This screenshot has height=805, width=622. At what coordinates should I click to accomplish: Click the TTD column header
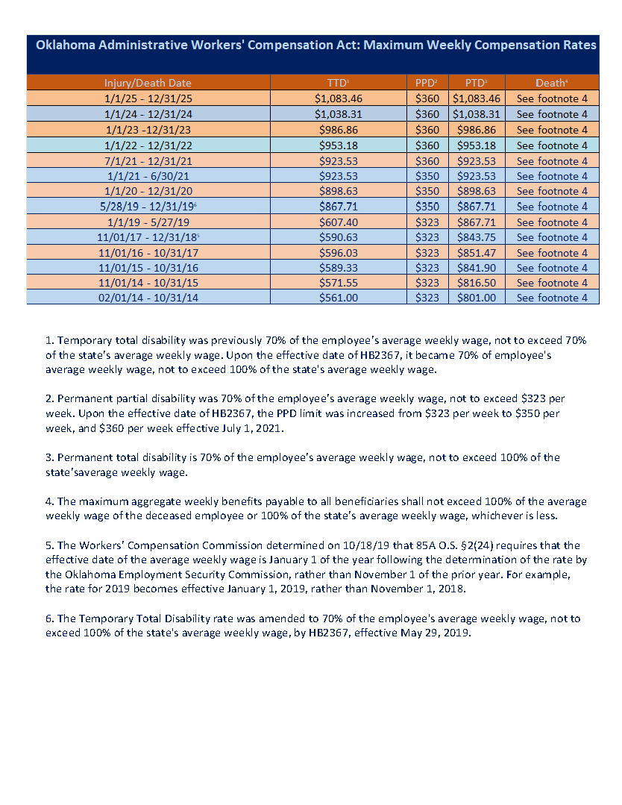(338, 82)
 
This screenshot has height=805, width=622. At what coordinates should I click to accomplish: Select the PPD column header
(427, 82)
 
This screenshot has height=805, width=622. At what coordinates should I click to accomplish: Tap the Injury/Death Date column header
(148, 82)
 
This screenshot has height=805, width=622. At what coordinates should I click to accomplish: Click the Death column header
(551, 82)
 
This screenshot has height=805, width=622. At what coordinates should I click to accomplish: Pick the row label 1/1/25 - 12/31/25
(148, 98)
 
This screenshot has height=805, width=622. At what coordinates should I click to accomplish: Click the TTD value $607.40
(338, 222)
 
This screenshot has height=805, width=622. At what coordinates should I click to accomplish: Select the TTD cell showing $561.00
(338, 298)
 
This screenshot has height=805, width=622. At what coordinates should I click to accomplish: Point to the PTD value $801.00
(477, 298)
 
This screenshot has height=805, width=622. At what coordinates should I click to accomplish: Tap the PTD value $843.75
(477, 237)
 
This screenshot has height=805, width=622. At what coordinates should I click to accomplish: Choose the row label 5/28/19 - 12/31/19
(148, 207)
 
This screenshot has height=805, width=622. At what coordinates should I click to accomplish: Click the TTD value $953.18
(338, 145)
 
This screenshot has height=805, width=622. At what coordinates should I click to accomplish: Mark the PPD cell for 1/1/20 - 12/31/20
(427, 191)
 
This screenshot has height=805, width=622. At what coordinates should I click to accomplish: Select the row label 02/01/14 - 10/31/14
(148, 298)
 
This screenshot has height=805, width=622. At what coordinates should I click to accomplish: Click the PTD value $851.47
(477, 253)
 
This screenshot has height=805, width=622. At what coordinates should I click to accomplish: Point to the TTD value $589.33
(338, 268)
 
